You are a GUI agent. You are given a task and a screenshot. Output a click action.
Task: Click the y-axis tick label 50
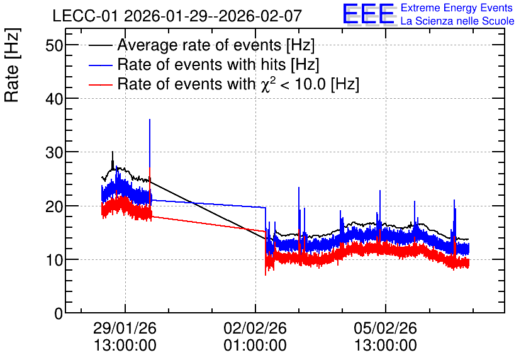point(54,45)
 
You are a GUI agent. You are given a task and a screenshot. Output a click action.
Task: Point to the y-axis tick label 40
point(54,99)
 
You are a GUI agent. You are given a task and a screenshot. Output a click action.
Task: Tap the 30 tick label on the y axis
point(54,152)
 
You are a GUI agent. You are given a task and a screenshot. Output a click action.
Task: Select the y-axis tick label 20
point(54,206)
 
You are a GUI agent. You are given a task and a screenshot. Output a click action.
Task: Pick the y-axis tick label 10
point(54,260)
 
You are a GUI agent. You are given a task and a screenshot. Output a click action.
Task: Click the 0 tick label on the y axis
point(59,313)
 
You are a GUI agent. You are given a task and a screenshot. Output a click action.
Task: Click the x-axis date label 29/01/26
point(125,328)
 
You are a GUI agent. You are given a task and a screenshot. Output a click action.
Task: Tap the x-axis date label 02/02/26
point(255,328)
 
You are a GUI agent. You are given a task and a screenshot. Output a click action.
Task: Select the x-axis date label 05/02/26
point(385,328)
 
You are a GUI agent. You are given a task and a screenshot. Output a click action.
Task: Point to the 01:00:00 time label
point(255,346)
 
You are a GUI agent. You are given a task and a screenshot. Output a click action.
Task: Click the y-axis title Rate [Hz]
point(12,65)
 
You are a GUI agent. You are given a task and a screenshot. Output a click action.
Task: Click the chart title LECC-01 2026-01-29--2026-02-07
point(177,16)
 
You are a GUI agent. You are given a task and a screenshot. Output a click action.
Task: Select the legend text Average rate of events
point(199,45)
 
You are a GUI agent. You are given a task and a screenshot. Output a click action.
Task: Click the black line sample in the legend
point(100,45)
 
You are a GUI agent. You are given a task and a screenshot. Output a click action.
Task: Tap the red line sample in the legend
point(100,84)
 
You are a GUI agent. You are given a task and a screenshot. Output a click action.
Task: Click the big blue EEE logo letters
point(369,14)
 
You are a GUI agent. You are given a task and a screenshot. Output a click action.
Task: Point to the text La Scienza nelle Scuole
point(457,21)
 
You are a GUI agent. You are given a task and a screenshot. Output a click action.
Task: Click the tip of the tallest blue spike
point(150,119)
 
